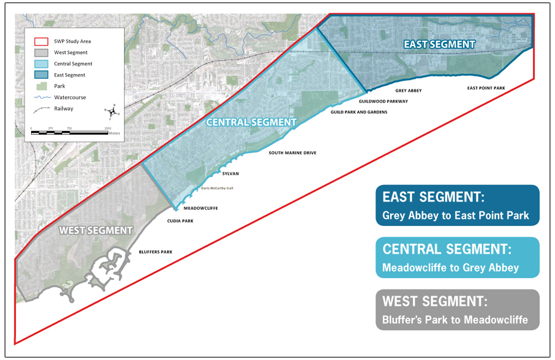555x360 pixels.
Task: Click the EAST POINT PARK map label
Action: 486,88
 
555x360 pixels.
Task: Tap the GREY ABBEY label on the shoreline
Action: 408,90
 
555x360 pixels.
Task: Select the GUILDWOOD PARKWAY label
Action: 383,102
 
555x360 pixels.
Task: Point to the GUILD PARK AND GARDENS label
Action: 359,112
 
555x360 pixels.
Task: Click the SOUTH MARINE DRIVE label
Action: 292,153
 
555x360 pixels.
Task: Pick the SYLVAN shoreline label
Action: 230,174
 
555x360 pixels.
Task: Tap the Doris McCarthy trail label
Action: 218,188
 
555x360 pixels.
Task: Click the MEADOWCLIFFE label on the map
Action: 200,209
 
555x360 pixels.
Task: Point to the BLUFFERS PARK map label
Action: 155,252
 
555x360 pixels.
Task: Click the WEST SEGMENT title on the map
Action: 96,230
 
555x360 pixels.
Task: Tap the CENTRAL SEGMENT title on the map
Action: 251,122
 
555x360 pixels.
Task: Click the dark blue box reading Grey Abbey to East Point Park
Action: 457,205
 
